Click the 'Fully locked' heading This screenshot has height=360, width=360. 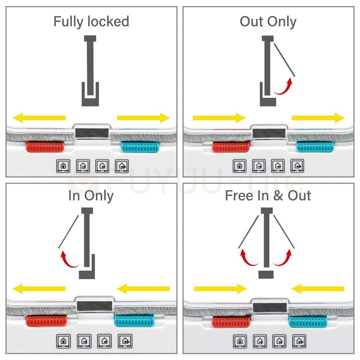pyautogui.click(x=91, y=22)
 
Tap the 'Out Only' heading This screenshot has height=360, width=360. pyautogui.click(x=268, y=22)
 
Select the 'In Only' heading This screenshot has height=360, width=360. pyautogui.click(x=91, y=196)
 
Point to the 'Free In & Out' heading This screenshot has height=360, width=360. pyautogui.click(x=268, y=195)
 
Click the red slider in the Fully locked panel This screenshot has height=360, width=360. pyautogui.click(x=45, y=147)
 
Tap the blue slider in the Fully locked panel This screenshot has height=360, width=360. pyautogui.click(x=140, y=147)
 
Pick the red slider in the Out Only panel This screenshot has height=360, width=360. pyautogui.click(x=231, y=147)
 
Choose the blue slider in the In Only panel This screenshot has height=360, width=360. pyautogui.click(x=134, y=320)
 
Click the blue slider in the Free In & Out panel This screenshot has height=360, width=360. pyautogui.click(x=308, y=321)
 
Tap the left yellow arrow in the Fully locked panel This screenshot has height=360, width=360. pyautogui.click(x=39, y=118)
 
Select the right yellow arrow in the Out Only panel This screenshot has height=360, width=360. pyautogui.click(x=318, y=118)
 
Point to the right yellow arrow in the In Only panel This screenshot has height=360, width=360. pyautogui.click(x=143, y=289)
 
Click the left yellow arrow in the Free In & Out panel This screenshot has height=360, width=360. pyautogui.click(x=220, y=289)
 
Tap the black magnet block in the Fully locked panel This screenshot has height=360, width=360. pyautogui.click(x=92, y=133)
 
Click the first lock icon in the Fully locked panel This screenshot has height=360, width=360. pyautogui.click(x=63, y=166)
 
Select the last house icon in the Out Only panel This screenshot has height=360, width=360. pyautogui.click(x=297, y=166)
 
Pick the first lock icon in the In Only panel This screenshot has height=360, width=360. pyautogui.click(x=63, y=341)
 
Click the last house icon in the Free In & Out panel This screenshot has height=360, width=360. pyautogui.click(x=299, y=341)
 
